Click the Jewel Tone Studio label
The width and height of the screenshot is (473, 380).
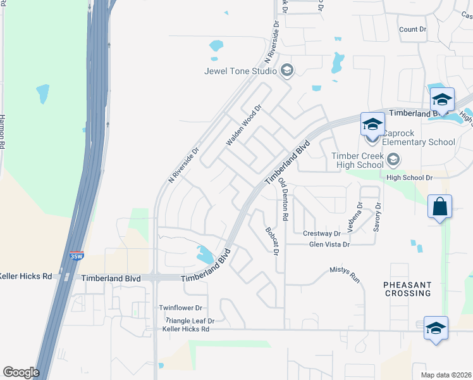tap(240, 71)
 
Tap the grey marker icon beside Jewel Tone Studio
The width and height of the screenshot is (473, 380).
tap(287, 70)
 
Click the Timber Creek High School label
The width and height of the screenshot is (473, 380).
tap(359, 160)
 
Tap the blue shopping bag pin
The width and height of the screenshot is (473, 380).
tap(439, 207)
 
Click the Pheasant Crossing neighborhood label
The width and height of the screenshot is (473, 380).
tap(407, 289)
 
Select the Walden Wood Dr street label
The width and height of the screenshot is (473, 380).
tap(243, 126)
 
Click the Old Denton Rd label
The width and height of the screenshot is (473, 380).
tap(284, 199)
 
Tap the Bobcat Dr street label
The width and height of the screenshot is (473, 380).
tap(273, 241)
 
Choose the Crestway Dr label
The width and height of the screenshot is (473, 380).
tap(322, 234)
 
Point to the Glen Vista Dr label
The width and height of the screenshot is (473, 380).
tap(329, 244)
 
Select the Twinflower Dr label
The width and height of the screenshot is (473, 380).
tap(180, 308)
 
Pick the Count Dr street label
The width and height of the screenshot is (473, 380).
tap(413, 30)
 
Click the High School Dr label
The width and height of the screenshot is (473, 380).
tap(409, 178)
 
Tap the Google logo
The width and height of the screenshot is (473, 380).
tap(21, 372)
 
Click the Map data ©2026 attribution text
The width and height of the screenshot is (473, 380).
tap(445, 374)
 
